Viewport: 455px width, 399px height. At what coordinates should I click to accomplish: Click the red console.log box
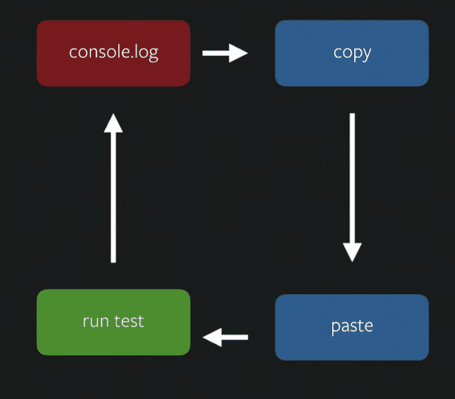(114, 53)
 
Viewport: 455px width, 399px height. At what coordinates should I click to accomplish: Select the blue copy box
(352, 53)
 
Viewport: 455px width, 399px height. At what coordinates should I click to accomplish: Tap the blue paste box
(352, 327)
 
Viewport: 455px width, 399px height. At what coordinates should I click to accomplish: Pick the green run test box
(114, 322)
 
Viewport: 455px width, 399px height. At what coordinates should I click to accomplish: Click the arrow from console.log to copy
(225, 53)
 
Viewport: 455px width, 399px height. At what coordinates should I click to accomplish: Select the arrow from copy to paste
(352, 187)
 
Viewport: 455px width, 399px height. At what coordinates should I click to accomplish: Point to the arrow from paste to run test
(225, 337)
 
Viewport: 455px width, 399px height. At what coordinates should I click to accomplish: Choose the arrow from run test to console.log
(114, 188)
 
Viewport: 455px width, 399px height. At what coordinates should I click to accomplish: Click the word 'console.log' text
(114, 53)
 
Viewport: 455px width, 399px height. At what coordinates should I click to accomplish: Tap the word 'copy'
(352, 54)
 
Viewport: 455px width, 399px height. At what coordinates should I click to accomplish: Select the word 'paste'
(352, 327)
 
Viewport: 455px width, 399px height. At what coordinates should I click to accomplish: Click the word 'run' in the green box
(96, 322)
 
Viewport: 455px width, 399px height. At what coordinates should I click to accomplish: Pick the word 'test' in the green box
(129, 321)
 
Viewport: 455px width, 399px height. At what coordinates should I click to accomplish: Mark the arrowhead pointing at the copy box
(239, 53)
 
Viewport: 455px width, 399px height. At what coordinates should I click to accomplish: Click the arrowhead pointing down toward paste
(352, 253)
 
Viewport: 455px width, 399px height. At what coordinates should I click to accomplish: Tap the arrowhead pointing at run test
(212, 337)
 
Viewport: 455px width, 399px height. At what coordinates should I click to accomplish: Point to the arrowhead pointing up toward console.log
(114, 123)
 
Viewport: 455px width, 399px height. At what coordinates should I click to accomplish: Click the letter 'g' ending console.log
(153, 55)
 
